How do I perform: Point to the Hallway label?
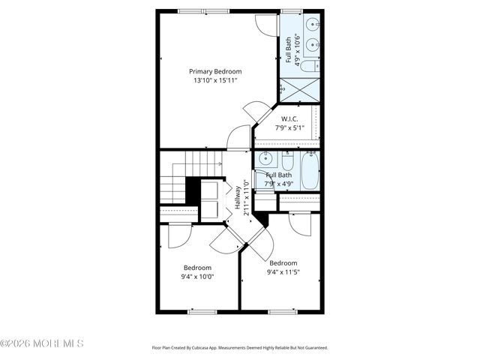pos(238,196)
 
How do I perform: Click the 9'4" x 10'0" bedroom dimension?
pos(197,276)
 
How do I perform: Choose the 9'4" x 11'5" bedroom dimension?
pos(283,272)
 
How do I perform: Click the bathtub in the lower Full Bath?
pos(311,169)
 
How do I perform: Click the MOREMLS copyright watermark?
pos(42,343)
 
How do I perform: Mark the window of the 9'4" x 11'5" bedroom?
pos(282,310)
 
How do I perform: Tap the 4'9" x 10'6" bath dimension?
pos(297,52)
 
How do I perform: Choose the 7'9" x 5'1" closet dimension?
pos(290,128)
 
